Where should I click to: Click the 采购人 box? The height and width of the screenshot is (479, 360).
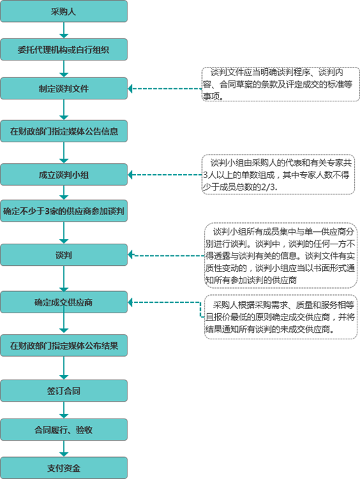tap(64, 12)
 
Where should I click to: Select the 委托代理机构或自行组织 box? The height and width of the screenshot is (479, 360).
tap(64, 49)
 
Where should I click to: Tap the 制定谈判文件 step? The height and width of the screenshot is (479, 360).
tap(64, 88)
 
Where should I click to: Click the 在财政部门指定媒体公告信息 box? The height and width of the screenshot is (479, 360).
tap(64, 131)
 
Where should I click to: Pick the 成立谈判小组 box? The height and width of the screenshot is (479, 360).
tap(64, 175)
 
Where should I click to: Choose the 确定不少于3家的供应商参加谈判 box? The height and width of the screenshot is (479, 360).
tap(64, 211)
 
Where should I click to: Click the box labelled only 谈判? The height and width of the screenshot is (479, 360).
tap(64, 255)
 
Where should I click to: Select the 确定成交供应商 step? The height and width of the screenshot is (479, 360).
tap(64, 302)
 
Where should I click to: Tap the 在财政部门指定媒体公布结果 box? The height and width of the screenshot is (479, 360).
tap(64, 344)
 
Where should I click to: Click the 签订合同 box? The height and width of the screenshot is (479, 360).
tap(64, 392)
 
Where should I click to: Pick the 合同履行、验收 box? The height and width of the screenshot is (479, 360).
tap(64, 430)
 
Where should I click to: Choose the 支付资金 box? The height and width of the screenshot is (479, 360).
tap(64, 467)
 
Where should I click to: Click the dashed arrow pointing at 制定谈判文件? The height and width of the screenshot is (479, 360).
tap(166, 88)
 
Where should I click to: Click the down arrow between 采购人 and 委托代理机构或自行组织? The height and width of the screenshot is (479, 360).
tap(64, 30)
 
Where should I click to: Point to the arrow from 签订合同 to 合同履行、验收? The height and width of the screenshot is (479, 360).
tap(64, 411)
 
